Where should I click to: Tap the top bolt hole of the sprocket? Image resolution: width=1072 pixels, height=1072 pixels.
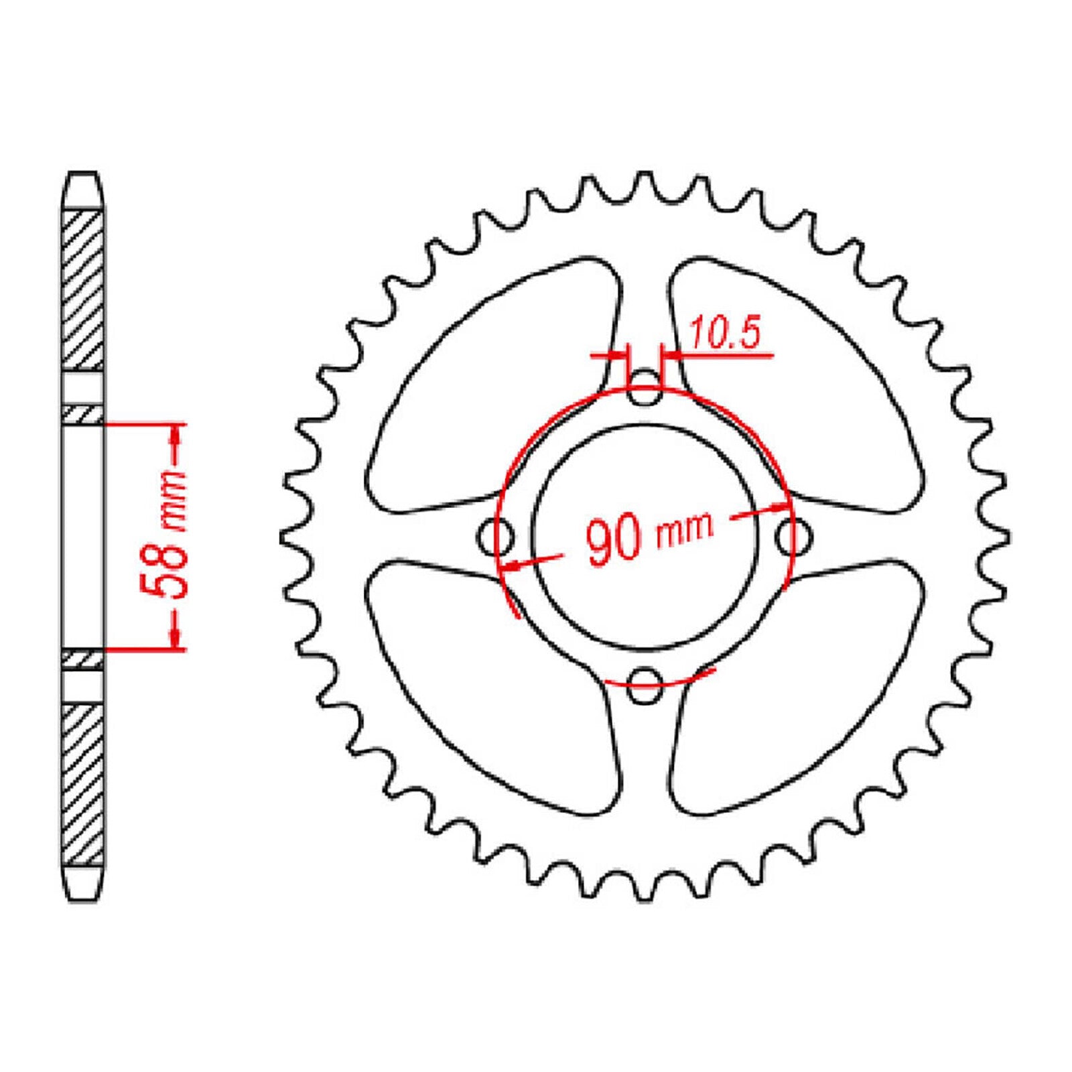tap(645, 389)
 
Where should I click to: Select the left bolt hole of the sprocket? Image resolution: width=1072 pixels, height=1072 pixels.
tap(496, 536)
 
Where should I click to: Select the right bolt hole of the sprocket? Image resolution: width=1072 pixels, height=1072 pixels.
tap(793, 536)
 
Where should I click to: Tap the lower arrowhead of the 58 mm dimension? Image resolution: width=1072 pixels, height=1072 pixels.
tap(176, 640)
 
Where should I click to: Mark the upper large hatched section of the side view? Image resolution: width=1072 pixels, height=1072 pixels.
tap(83, 288)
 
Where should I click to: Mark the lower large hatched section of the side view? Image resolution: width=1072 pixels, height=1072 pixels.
tap(83, 784)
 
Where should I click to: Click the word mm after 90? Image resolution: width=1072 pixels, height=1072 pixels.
tap(685, 531)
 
